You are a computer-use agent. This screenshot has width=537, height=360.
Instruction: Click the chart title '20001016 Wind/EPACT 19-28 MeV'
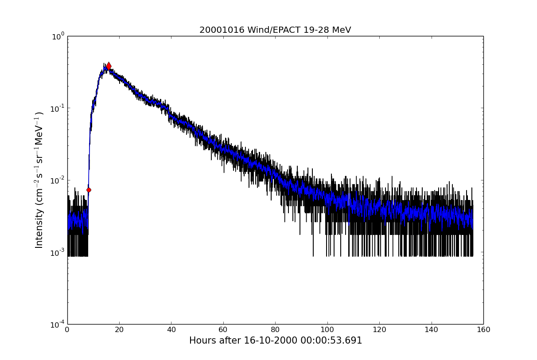[275, 30]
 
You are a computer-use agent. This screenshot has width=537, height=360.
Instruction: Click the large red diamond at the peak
[109, 66]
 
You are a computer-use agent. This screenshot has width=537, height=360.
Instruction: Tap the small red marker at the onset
[89, 190]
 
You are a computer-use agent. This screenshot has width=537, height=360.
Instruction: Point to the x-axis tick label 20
[119, 330]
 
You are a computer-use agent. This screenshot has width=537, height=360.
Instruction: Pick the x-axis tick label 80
[275, 330]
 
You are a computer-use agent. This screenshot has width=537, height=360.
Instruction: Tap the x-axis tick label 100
[327, 330]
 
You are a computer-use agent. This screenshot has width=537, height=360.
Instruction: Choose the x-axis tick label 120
[379, 330]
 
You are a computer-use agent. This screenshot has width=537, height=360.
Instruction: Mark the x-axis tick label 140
[431, 330]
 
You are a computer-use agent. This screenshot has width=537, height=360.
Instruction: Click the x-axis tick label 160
[483, 330]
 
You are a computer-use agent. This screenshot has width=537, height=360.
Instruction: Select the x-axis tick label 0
[67, 330]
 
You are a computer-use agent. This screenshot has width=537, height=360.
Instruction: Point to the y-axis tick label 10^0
[58, 36]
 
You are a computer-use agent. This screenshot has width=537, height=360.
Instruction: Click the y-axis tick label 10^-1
[57, 108]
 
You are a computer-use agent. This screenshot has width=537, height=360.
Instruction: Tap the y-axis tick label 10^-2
[57, 180]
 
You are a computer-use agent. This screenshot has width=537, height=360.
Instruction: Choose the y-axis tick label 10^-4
[57, 324]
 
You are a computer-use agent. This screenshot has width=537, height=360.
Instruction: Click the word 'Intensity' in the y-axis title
[39, 229]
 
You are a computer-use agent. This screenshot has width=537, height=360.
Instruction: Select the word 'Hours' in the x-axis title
[202, 340]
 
